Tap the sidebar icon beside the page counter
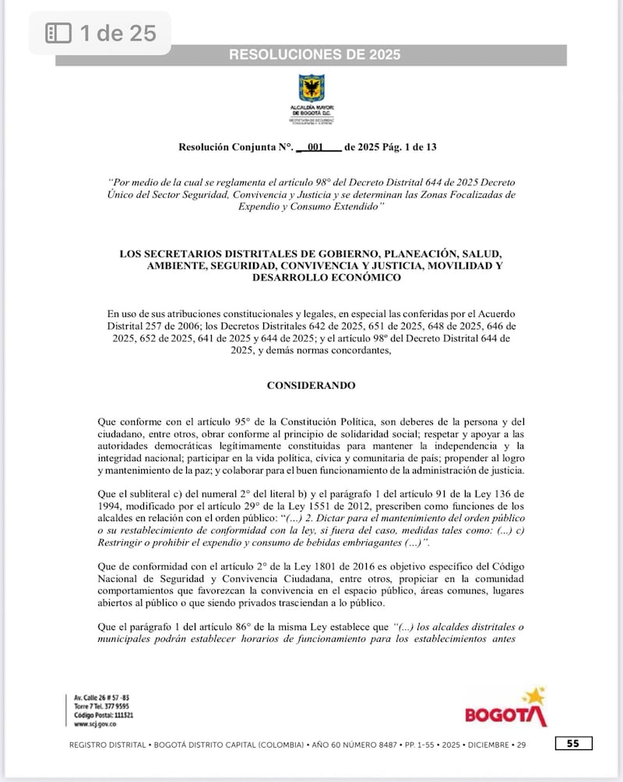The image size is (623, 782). click(59, 33)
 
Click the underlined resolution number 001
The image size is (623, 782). click(315, 146)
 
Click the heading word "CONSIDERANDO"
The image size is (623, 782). click(311, 386)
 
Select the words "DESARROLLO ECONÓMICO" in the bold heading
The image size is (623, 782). click(311, 278)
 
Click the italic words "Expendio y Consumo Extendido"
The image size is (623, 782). click(311, 205)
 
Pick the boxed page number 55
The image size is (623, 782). click(572, 744)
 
